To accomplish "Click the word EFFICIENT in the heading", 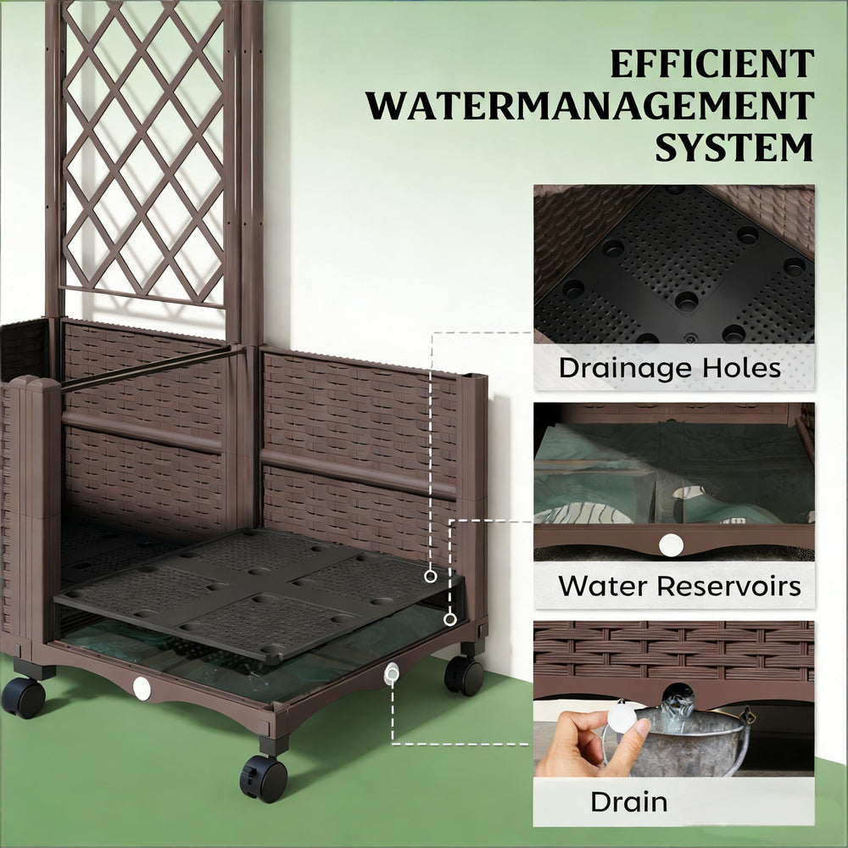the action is click(712, 64).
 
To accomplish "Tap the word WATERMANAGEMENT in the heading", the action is click(590, 106).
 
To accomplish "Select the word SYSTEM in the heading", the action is click(734, 147).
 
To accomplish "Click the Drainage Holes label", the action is click(670, 368).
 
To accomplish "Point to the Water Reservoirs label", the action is click(679, 586).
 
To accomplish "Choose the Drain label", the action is click(629, 801).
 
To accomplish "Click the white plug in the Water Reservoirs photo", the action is click(671, 544).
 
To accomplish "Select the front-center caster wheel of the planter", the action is click(264, 777).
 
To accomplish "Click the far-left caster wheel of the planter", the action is click(23, 698).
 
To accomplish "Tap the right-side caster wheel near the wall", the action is click(464, 676).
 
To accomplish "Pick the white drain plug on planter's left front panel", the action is click(142, 689).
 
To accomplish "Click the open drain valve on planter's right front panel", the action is click(392, 674).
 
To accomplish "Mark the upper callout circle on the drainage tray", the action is click(431, 577).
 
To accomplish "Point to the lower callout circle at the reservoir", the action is click(450, 620).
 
